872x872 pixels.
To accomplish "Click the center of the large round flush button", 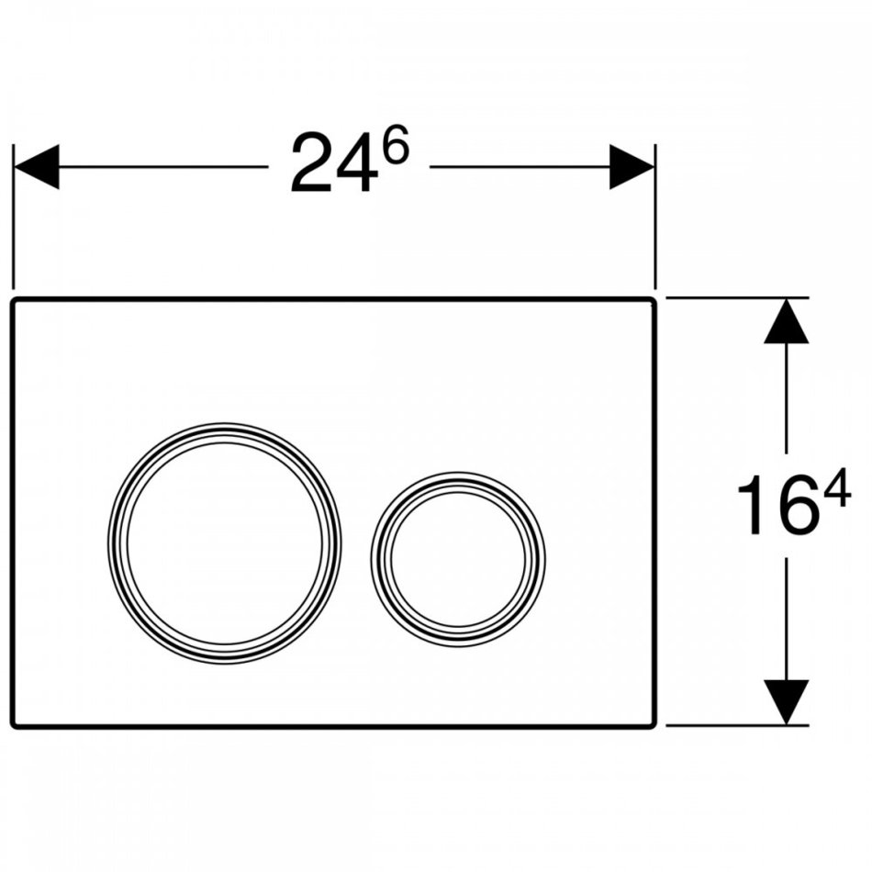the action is (x=225, y=543).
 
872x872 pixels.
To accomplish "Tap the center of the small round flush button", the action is (x=458, y=560).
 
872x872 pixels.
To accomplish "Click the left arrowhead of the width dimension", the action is (x=36, y=167).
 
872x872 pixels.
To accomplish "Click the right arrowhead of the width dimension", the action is (x=632, y=167).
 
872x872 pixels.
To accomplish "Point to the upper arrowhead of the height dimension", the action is (x=787, y=321).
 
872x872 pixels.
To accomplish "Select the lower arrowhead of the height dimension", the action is (x=787, y=702).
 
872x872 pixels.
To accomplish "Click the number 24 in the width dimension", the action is (x=334, y=163).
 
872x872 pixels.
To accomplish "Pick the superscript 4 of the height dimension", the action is (x=836, y=487).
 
